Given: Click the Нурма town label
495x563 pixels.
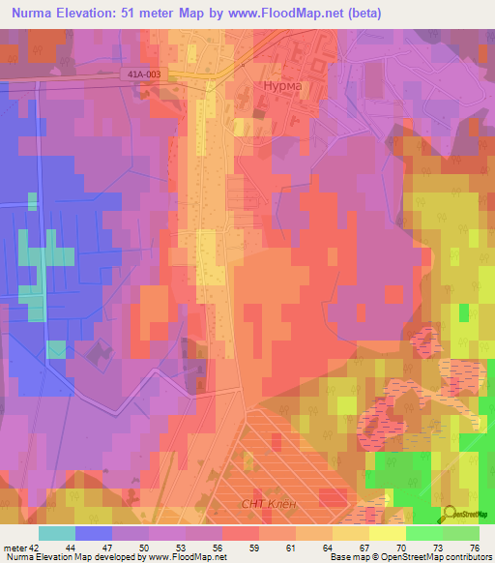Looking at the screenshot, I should pyautogui.click(x=280, y=85).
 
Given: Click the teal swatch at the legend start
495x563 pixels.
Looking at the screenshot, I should pyautogui.click(x=57, y=533).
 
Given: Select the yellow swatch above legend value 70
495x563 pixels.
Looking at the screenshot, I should pyautogui.click(x=387, y=533).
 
